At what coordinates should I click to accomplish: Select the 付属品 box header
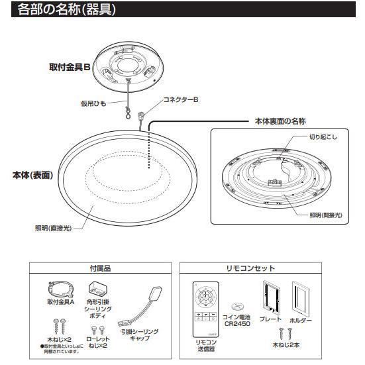pyautogui.click(x=99, y=269)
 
